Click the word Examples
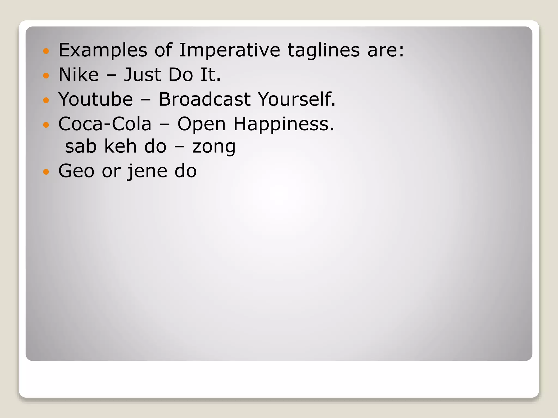click(x=103, y=50)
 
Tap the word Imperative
click(x=229, y=50)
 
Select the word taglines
click(x=324, y=50)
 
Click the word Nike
click(x=78, y=75)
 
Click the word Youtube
click(x=96, y=99)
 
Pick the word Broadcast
click(x=204, y=99)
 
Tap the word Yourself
click(x=296, y=99)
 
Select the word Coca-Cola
click(x=105, y=124)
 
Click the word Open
click(x=202, y=124)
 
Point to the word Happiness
click(x=284, y=124)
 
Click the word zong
click(x=214, y=147)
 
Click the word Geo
click(x=76, y=171)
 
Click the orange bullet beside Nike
click(x=46, y=75)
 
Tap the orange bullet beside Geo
click(x=46, y=172)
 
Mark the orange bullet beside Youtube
click(x=46, y=100)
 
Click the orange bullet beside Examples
click(x=46, y=51)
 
